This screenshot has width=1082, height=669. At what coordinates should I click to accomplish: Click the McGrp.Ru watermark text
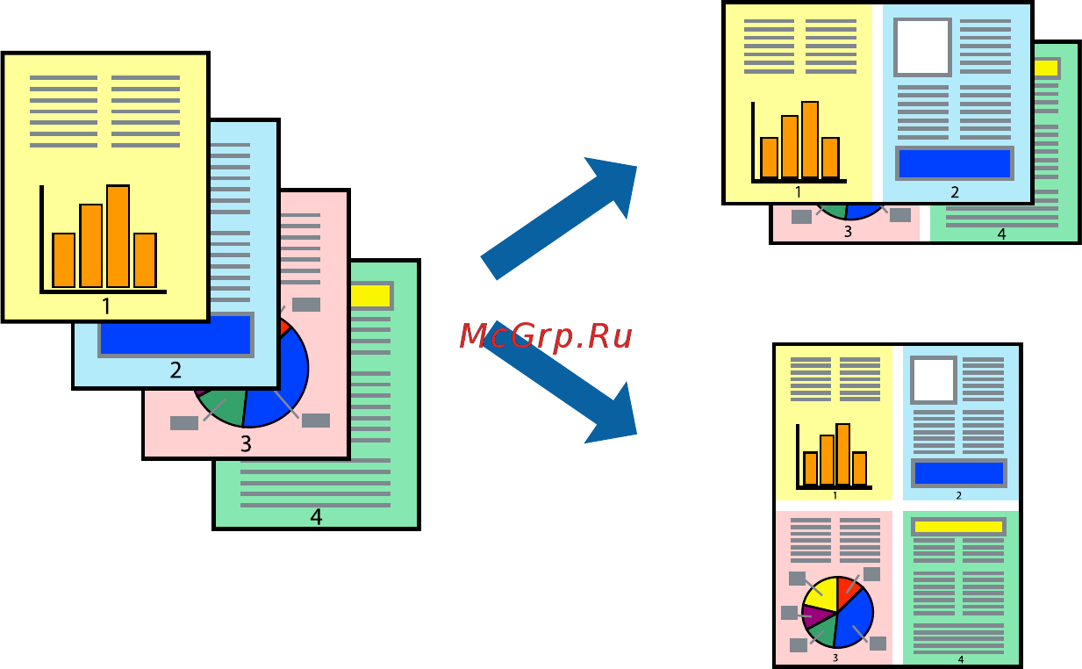point(545,335)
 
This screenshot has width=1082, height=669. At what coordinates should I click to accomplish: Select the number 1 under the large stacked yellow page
point(106,306)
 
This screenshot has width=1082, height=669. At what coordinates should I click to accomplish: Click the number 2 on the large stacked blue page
point(176,370)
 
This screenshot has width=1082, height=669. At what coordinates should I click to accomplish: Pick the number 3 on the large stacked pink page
point(246,443)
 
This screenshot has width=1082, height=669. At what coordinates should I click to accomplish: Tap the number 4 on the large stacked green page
point(316,517)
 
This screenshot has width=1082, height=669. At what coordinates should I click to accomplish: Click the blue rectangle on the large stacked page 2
point(176,334)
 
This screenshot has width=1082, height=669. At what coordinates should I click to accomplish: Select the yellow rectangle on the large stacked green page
point(370,296)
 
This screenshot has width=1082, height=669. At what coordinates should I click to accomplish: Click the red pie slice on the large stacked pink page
point(282,327)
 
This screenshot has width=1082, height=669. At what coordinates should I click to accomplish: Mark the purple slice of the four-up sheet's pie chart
point(813,615)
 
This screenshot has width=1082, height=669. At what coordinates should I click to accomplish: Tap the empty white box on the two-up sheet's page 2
point(922,47)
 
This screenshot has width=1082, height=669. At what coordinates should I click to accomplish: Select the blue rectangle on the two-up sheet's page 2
point(954,163)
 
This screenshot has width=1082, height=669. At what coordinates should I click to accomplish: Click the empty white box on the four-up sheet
point(933,379)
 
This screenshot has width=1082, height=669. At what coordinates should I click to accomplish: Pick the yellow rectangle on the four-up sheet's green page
point(957,527)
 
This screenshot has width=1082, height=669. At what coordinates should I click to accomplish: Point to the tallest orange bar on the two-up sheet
point(809,140)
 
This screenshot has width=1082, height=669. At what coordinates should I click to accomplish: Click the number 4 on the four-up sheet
point(960,659)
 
